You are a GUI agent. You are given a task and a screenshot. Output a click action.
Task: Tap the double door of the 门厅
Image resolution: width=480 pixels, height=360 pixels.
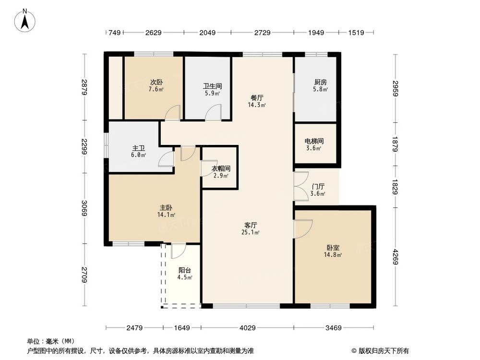(301, 186)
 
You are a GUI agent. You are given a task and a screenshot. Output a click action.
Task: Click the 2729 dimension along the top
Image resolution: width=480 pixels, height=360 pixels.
(262, 33)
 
